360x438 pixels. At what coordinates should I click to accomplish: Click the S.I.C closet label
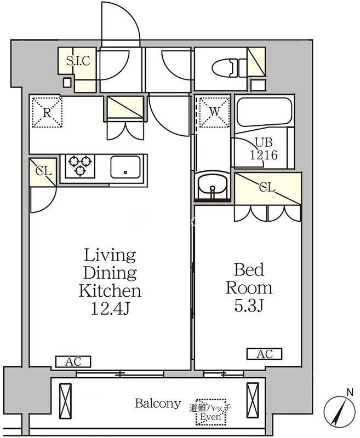point(78,61)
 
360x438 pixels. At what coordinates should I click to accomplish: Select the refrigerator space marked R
point(47,112)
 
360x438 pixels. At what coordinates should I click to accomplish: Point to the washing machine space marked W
point(214,112)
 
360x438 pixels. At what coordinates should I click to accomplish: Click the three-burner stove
point(80,166)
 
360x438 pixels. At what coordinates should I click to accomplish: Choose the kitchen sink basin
point(125,167)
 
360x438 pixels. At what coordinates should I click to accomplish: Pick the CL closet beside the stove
point(43,171)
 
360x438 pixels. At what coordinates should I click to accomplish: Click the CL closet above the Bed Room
point(267,189)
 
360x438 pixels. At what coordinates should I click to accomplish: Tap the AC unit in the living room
point(73,361)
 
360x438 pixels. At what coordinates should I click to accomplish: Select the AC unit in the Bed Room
point(265,354)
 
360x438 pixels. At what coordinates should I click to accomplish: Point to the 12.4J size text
point(110,308)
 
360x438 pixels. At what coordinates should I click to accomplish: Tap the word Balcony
point(158,404)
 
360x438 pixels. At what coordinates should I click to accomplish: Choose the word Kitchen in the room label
point(110,291)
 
